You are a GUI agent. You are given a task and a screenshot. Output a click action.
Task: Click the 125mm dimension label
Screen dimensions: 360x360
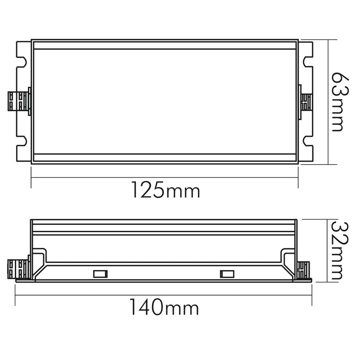coord(165,190)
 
